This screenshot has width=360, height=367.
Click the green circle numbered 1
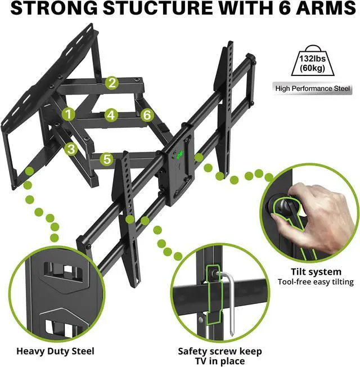tap(69, 114)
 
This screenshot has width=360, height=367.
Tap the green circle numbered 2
tap(112, 83)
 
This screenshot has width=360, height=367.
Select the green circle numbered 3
tap(70, 149)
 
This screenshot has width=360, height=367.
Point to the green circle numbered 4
tap(111, 115)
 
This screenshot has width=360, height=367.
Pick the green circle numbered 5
tap(107, 159)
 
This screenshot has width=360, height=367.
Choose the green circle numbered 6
tap(147, 115)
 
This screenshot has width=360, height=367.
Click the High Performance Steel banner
tap(313, 88)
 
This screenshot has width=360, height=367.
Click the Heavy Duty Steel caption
tap(55, 351)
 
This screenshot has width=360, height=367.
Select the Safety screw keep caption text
tap(220, 351)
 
